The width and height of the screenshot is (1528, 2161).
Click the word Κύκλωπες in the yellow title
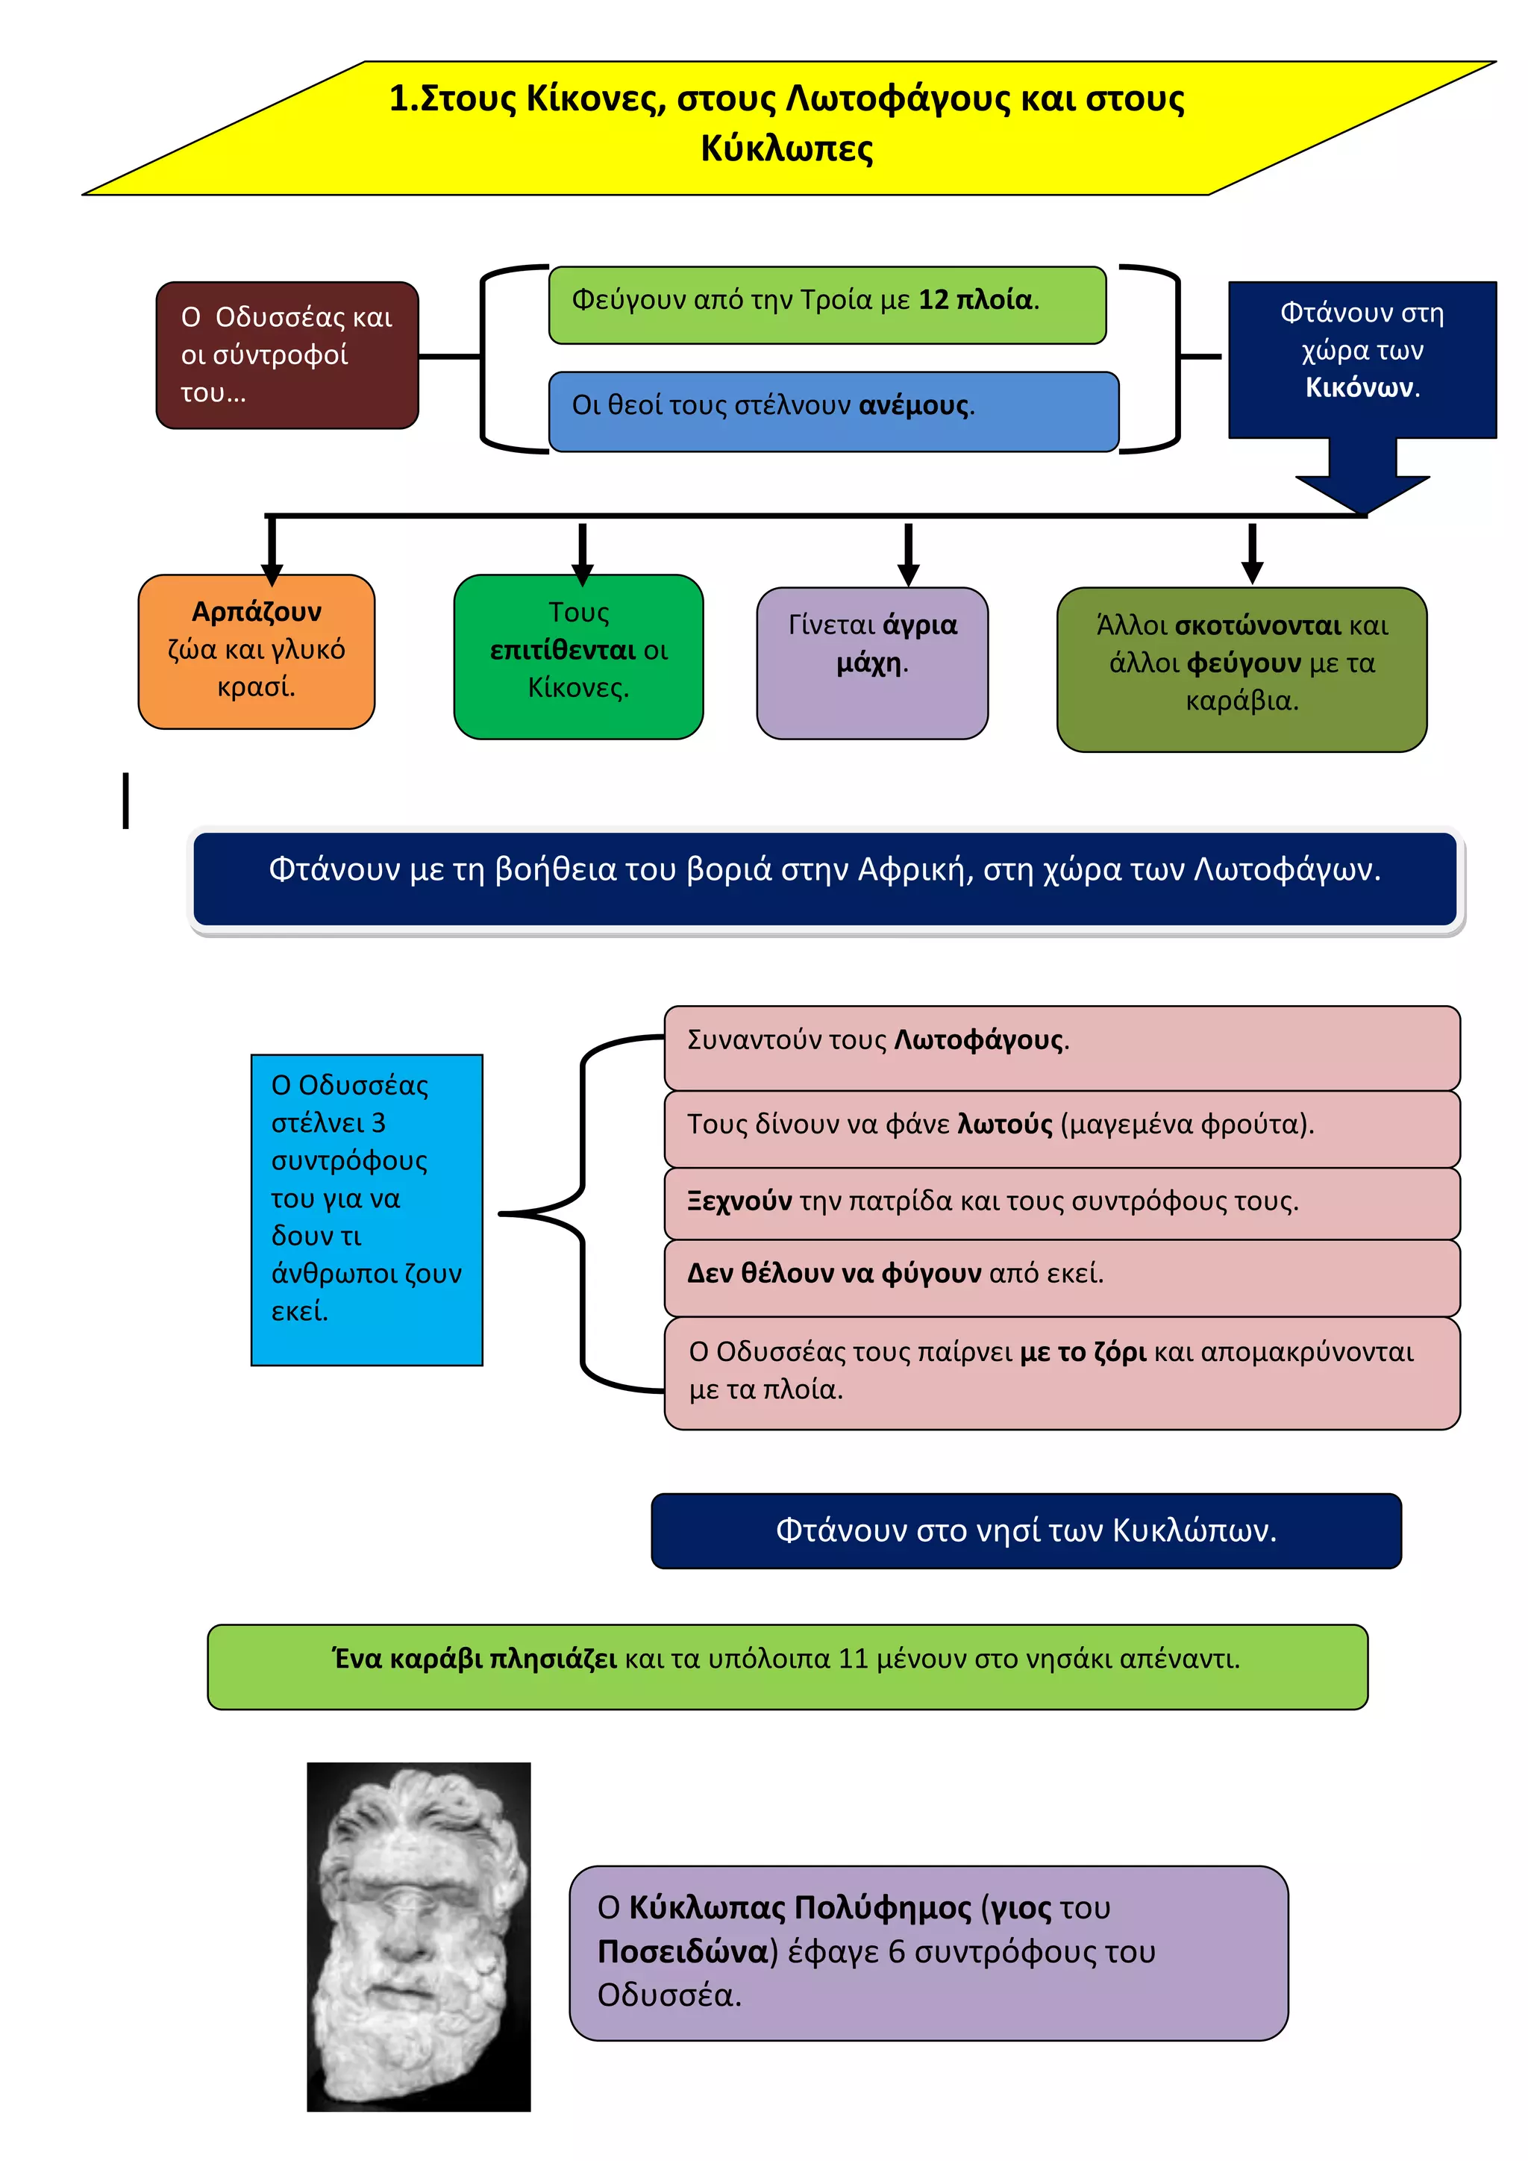pos(786,148)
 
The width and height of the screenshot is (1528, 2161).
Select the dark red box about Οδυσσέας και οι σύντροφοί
pos(287,355)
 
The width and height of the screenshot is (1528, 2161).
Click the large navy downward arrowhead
pos(1362,494)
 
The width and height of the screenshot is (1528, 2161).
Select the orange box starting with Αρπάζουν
pos(256,651)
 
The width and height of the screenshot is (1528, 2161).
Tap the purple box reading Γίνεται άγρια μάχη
pos(872,663)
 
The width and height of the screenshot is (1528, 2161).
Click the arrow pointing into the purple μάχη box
pos(908,555)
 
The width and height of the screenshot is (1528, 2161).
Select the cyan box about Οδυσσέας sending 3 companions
pos(367,1210)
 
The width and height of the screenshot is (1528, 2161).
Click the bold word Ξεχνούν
pos(739,1201)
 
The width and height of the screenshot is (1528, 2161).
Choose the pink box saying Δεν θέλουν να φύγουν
pos(1062,1277)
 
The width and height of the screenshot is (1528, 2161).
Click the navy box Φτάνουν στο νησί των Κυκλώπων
pos(1027,1530)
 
